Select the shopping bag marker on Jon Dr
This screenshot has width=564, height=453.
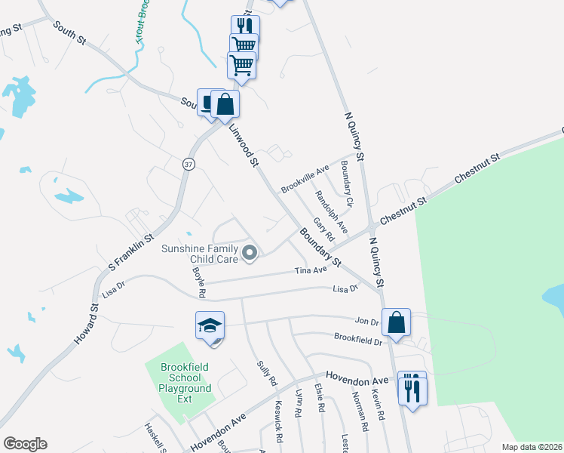click(x=396, y=322)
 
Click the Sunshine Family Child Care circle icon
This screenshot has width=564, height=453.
click(x=249, y=253)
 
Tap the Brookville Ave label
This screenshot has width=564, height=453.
click(x=306, y=178)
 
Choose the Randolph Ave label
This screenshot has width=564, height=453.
click(x=331, y=211)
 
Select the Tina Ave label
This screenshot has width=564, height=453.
click(x=311, y=270)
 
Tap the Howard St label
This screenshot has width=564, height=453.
click(x=87, y=325)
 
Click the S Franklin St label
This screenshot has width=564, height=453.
click(x=132, y=242)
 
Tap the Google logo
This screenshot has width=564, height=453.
click(x=25, y=444)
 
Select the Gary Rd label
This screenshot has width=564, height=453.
click(x=323, y=230)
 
